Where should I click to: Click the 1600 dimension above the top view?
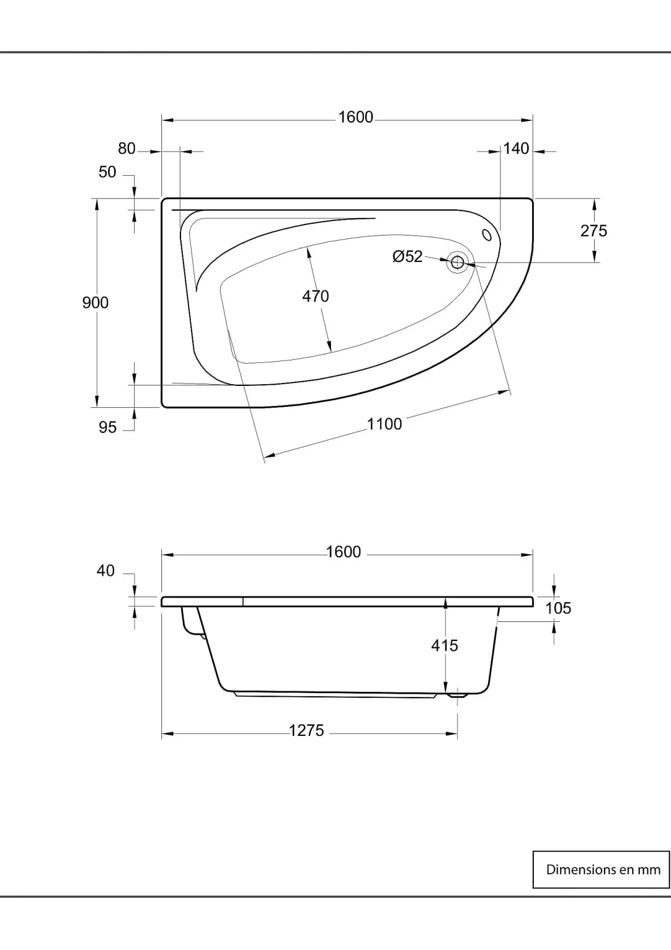tap(355, 117)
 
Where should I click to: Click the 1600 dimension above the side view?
tap(344, 552)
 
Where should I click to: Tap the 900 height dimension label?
tap(95, 303)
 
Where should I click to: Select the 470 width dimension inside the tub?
tap(316, 296)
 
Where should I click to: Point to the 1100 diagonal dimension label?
tap(384, 424)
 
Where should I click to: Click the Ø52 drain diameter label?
tap(408, 256)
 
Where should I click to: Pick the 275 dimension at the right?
tap(594, 231)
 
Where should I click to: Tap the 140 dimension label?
tap(516, 149)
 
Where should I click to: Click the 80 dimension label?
tap(127, 149)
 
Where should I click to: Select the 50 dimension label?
tap(108, 172)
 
